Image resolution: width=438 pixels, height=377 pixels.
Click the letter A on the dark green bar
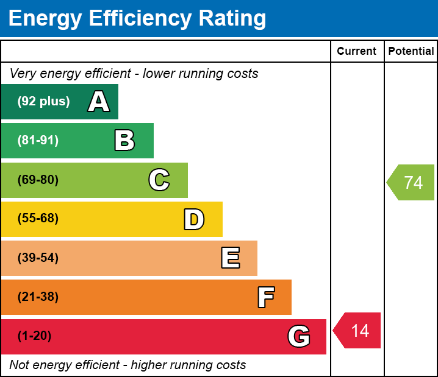99,102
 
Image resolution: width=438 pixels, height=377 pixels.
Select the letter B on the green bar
124,141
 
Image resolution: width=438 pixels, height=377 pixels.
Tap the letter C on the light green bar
159,180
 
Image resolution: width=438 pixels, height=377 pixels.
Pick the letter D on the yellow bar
194,219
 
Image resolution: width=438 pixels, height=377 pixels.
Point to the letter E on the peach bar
230,258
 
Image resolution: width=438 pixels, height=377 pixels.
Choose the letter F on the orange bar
265,298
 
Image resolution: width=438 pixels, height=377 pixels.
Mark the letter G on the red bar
299,336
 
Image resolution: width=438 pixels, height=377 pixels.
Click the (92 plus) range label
43,102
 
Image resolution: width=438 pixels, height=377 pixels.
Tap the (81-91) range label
38,141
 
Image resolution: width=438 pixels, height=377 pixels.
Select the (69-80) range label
38,180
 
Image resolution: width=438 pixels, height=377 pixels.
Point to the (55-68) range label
38,219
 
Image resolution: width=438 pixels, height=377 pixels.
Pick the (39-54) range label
38,258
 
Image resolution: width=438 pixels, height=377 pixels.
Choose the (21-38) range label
38,297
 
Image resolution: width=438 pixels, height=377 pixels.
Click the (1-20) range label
35,336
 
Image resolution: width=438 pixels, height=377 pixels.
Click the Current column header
357,51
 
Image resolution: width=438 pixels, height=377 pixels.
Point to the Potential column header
411,51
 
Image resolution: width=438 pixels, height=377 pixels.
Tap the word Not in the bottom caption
20,365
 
